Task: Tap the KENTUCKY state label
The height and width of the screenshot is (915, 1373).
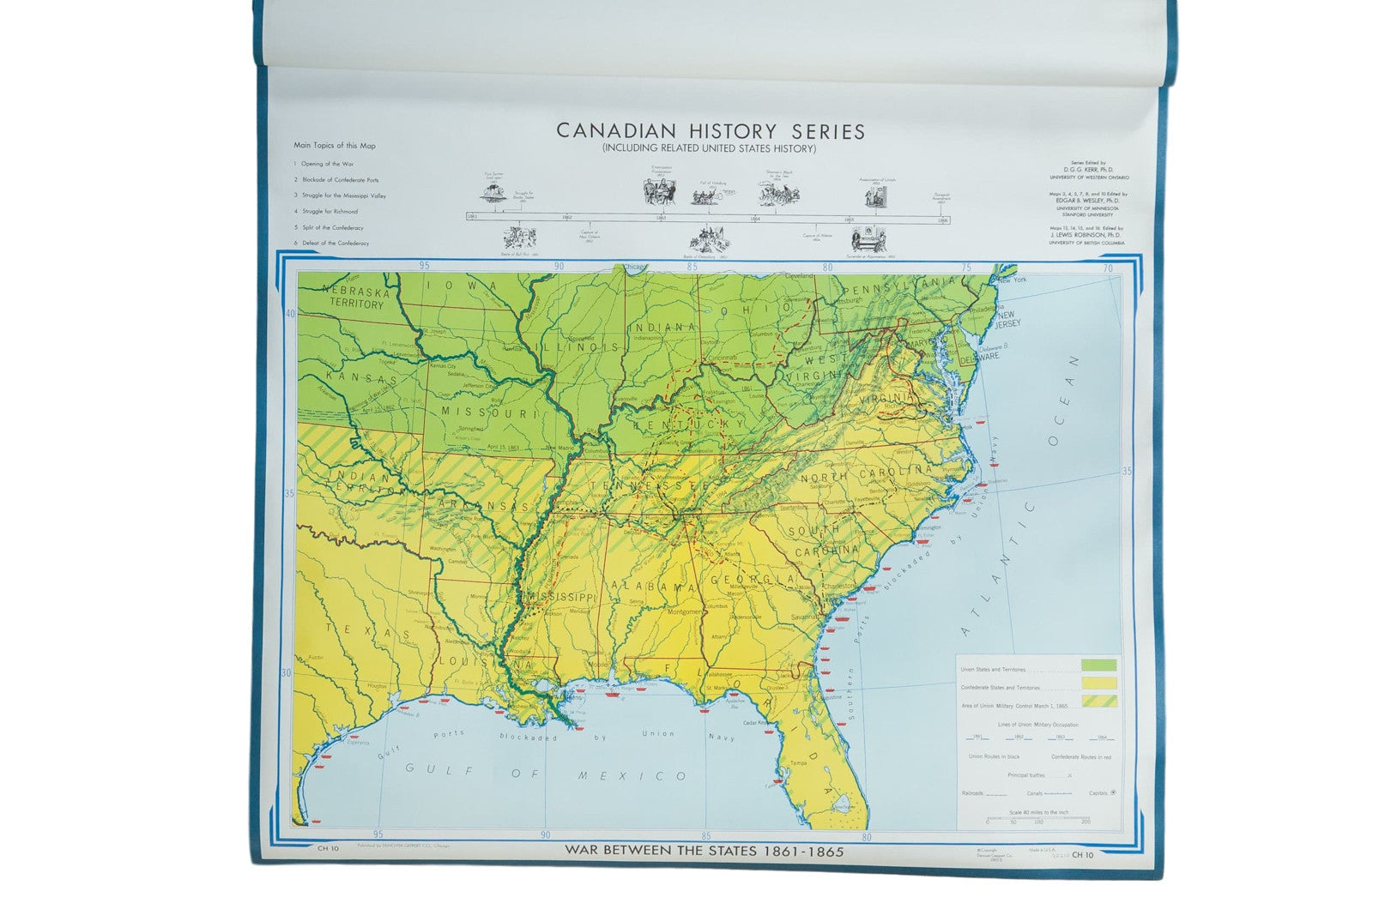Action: click(689, 424)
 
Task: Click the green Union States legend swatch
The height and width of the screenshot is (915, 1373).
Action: click(1098, 665)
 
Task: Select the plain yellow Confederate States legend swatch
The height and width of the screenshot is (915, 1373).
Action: click(1098, 683)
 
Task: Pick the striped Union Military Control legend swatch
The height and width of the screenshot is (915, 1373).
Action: click(1098, 701)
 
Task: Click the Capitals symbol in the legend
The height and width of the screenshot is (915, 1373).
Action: click(1112, 792)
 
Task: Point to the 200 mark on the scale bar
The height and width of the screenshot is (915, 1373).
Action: click(1086, 822)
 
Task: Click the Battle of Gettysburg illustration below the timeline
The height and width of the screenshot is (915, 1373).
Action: click(705, 238)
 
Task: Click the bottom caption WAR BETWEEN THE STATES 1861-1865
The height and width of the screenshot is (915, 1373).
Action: click(704, 852)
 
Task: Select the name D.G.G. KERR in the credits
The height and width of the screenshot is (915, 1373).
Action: click(1087, 169)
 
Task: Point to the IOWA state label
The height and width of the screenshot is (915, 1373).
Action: click(470, 286)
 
